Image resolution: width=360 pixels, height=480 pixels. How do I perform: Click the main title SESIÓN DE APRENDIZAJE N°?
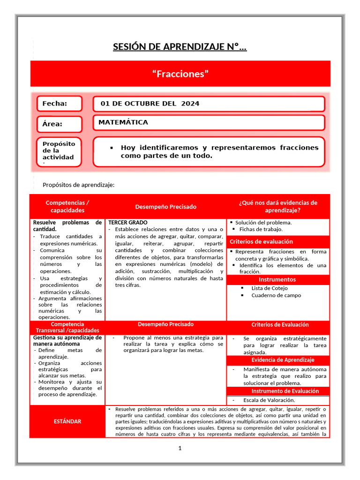pyautogui.click(x=180, y=47)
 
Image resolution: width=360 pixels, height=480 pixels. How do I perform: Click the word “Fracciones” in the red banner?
pyautogui.click(x=180, y=74)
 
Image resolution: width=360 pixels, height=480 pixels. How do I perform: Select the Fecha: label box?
pyautogui.click(x=60, y=104)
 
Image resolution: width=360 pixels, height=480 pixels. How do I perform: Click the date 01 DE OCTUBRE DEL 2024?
pyautogui.click(x=150, y=104)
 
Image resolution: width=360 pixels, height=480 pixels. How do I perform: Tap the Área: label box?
pyautogui.click(x=60, y=124)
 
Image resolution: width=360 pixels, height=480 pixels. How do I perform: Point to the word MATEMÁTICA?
pyautogui.click(x=123, y=122)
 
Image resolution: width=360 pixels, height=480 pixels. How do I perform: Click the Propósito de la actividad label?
pyautogui.click(x=59, y=151)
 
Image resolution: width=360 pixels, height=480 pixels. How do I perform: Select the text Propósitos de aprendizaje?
pyautogui.click(x=78, y=185)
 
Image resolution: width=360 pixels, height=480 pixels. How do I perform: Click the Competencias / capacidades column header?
pyautogui.click(x=67, y=206)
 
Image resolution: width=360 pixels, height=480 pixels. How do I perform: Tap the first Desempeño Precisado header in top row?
pyautogui.click(x=166, y=207)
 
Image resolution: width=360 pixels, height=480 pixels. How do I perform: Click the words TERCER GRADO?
pyautogui.click(x=128, y=222)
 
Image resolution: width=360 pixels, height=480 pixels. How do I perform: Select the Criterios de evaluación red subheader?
pyautogui.click(x=261, y=241)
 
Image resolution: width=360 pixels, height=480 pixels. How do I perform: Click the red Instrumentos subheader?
pyautogui.click(x=278, y=279)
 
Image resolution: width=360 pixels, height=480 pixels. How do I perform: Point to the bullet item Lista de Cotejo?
pyautogui.click(x=270, y=288)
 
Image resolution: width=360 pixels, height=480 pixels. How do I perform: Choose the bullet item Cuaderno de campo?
pyautogui.click(x=276, y=295)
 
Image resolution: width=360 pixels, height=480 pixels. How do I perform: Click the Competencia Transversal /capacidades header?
pyautogui.click(x=67, y=327)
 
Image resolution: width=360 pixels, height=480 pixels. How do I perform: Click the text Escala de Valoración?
pyautogui.click(x=269, y=400)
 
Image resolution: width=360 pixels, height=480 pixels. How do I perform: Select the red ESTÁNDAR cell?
pyautogui.click(x=67, y=421)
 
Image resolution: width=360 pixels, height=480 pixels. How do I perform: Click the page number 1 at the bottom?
pyautogui.click(x=180, y=449)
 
